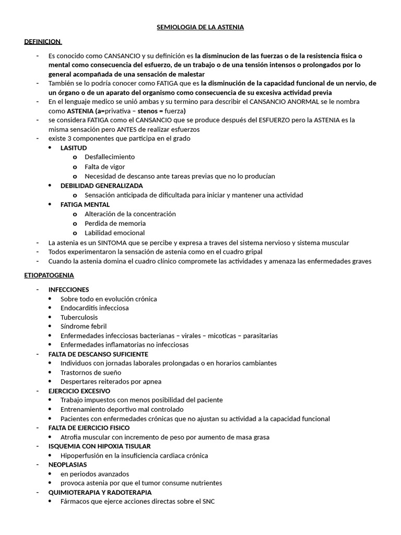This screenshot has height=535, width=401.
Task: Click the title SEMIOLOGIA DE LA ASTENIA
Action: pos(200,27)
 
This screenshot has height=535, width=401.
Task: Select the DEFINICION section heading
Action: pos(42,41)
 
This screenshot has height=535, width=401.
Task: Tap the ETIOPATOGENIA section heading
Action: pos(49,275)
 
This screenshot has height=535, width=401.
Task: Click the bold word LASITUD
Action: pos(74,148)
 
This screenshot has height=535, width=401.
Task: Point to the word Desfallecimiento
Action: pos(110,157)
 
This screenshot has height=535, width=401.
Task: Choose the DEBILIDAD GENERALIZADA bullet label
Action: pos(101,185)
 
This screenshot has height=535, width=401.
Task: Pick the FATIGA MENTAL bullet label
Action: pos(85,205)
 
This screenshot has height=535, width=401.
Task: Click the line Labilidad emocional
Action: pos(115,233)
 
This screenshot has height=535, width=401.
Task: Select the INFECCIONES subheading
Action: pos(68,289)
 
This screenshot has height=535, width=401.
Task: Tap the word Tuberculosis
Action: pos(79,317)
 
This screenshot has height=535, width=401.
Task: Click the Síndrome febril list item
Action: pos(84,327)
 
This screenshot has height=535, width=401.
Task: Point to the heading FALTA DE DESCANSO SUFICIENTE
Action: pos(98,354)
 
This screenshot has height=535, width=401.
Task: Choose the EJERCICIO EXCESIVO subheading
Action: pos(79,391)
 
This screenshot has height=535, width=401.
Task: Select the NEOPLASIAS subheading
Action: pos(67,464)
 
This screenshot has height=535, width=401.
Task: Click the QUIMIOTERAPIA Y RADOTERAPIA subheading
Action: pos(100,492)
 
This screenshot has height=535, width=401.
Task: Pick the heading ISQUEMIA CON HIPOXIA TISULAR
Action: pos(99,446)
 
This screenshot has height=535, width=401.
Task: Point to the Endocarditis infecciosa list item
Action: pos(95,308)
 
